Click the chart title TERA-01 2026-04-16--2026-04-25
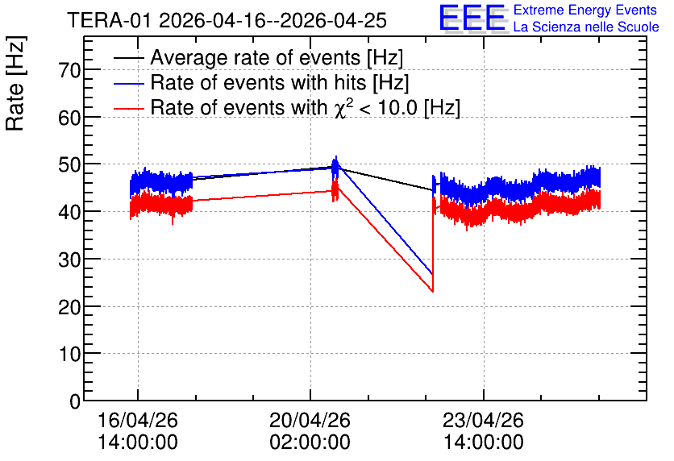point(227,20)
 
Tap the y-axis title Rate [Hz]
point(15,83)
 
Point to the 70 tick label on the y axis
point(69,70)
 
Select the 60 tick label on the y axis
point(69,118)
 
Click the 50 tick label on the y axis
point(69,164)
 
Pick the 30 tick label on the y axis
point(69,260)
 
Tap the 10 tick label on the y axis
point(69,355)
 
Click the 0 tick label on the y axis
point(75,401)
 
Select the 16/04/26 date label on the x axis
point(138,420)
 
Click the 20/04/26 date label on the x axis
point(310,420)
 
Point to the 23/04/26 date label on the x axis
point(484,420)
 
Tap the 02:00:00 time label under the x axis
point(310,442)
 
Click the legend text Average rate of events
point(256,57)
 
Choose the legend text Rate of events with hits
point(258,82)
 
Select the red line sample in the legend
point(128,108)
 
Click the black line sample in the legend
point(128,57)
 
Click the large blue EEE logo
point(472,18)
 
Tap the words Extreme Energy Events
point(585,10)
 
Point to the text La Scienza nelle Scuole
point(586,27)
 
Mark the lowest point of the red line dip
point(432,292)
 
